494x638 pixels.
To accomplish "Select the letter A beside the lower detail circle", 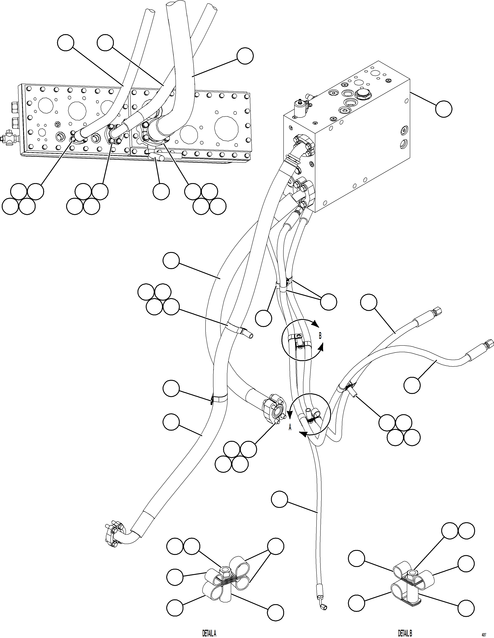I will [x=290, y=427].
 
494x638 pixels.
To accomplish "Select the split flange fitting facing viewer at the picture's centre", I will [x=274, y=409].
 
